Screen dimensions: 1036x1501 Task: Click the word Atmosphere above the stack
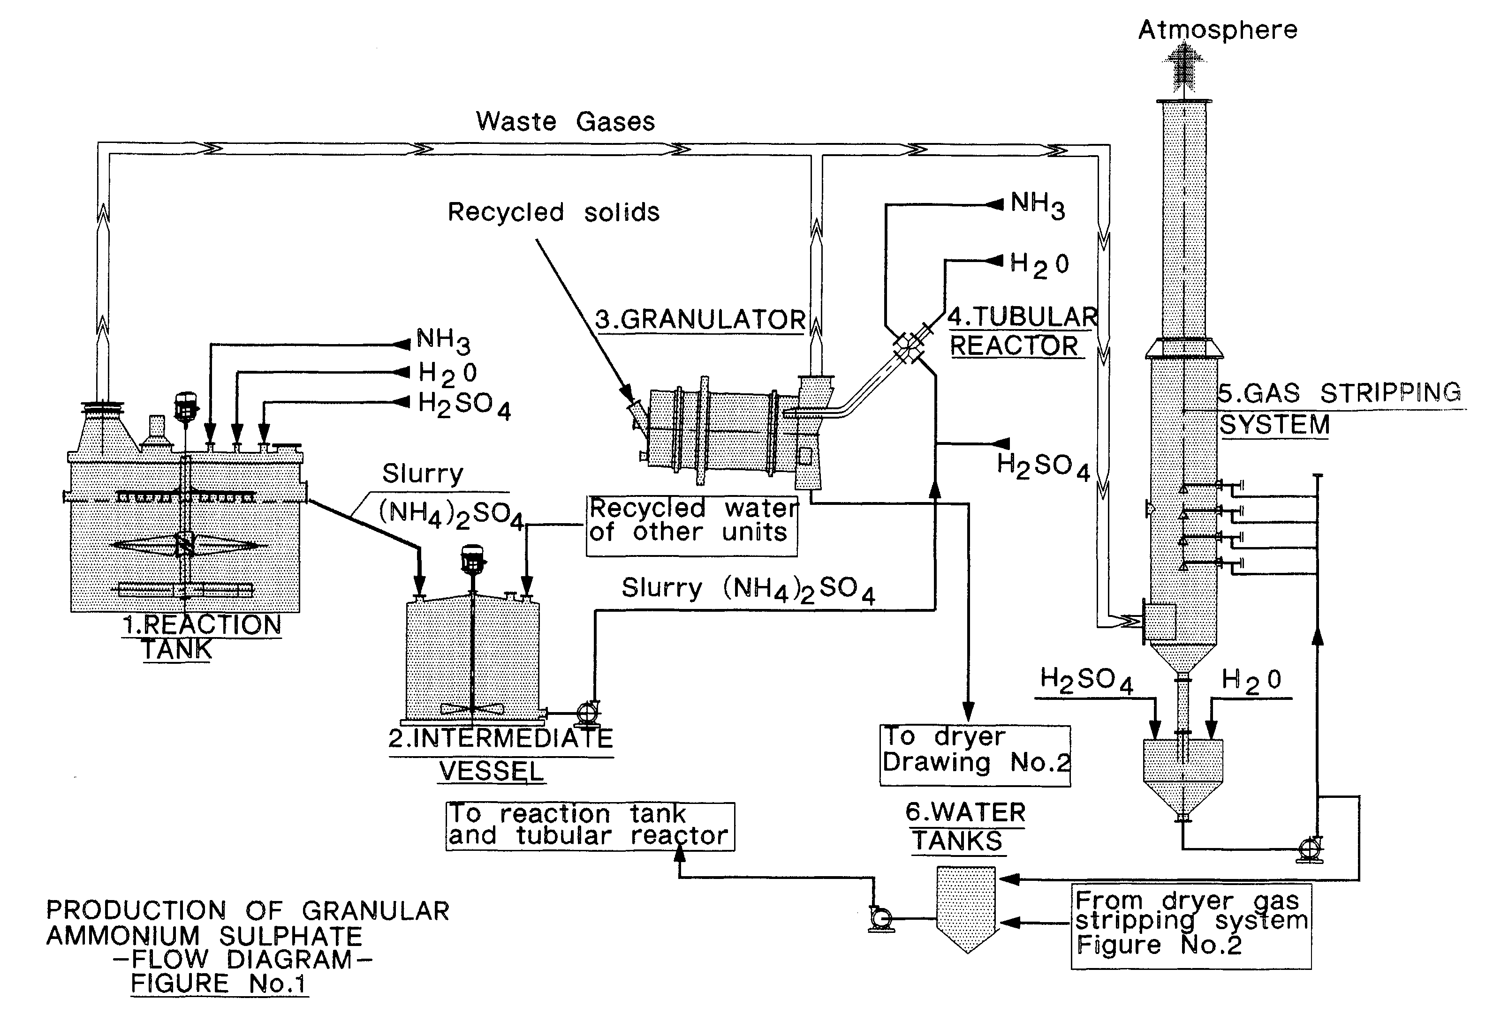(1217, 30)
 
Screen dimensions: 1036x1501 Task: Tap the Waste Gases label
(565, 121)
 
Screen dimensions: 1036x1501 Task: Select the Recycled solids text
(553, 212)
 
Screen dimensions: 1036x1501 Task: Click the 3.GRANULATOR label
(700, 320)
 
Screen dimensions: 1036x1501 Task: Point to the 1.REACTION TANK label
(201, 636)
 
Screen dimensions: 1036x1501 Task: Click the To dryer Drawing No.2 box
(974, 755)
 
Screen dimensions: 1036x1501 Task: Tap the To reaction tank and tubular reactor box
(590, 826)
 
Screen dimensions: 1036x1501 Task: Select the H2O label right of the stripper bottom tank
(1251, 681)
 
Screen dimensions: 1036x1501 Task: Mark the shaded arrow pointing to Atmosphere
(1183, 68)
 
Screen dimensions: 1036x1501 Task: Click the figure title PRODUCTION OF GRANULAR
(247, 911)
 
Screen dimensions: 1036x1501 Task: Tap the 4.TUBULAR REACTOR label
(1021, 331)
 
